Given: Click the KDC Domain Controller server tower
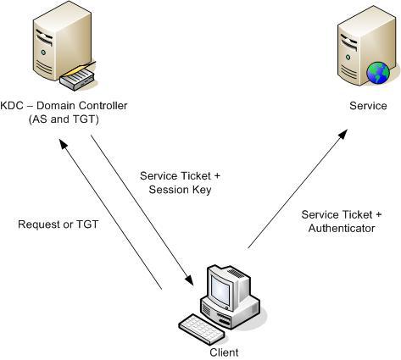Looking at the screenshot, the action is tap(62, 42).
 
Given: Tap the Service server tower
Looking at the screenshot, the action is tap(366, 47).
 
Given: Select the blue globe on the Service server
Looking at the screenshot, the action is tap(378, 73).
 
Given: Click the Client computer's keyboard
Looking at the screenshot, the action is tap(201, 329).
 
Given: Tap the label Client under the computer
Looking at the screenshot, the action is tap(224, 352).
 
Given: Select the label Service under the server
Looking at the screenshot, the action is tap(368, 106).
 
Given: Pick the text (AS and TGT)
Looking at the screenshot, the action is tap(64, 119).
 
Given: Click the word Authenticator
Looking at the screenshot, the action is tap(342, 228).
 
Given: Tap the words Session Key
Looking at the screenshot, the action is tap(180, 190).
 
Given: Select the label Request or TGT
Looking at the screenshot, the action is tap(58, 224).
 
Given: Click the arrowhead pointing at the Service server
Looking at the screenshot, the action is tap(343, 135).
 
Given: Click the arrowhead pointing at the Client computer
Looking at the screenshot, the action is tap(189, 280).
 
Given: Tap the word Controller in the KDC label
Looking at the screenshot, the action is tap(103, 106).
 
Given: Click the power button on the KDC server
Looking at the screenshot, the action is tap(43, 53).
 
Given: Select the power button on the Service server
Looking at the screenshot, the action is tap(348, 58).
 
